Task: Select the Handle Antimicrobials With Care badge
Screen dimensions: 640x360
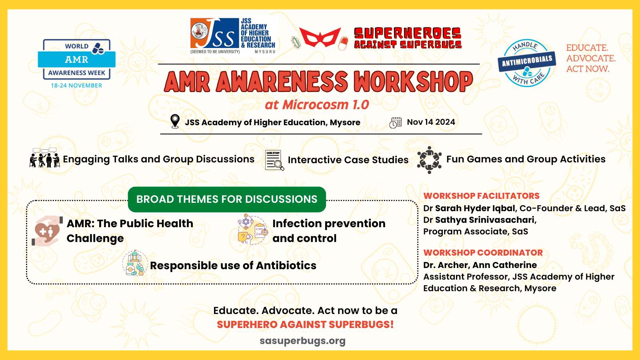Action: tap(527, 63)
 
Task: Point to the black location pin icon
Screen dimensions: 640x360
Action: tap(175, 122)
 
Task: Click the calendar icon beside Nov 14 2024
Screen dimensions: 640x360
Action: tap(396, 122)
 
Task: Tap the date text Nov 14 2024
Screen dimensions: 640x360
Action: tap(431, 122)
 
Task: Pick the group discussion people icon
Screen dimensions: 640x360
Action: tap(44, 158)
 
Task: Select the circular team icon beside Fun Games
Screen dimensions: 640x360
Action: tap(429, 160)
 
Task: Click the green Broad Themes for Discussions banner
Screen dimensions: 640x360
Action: tap(227, 199)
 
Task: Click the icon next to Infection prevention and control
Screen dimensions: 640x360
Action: tap(252, 229)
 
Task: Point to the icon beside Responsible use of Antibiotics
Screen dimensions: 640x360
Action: tap(135, 263)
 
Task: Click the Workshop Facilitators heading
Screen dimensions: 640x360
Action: tap(482, 196)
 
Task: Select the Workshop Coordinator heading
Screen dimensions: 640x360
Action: tap(483, 252)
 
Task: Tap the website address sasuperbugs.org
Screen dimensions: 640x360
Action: tap(302, 341)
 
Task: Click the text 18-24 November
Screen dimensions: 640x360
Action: tap(76, 86)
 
